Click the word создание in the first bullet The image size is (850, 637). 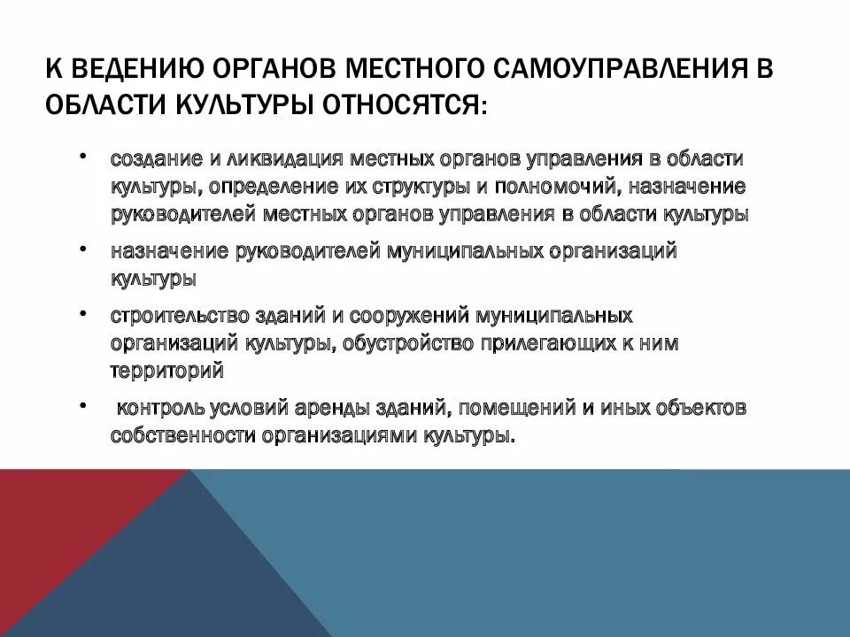[x=156, y=159]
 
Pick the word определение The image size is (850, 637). [x=271, y=187]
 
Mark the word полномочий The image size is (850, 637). [x=557, y=187]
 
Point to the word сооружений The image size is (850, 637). [x=410, y=316]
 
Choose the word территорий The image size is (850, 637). [x=166, y=371]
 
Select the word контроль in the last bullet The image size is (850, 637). [x=161, y=409]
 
